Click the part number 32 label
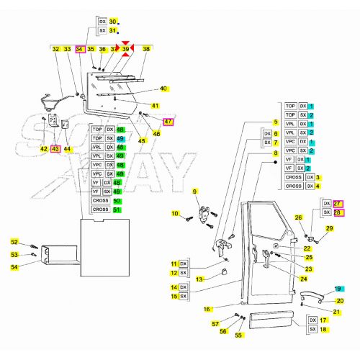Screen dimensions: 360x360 (55, 49)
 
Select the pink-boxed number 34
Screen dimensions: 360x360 (80, 49)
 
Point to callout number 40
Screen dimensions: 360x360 (163, 89)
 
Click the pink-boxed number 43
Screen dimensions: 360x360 (55, 148)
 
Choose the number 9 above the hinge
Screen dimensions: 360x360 (194, 191)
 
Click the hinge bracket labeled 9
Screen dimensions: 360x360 (207, 214)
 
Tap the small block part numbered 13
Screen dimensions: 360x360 (223, 271)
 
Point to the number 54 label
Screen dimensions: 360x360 (14, 267)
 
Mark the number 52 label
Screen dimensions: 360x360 (14, 243)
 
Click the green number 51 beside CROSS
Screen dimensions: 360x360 (119, 209)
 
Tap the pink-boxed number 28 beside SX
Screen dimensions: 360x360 (338, 213)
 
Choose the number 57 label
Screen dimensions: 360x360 (215, 324)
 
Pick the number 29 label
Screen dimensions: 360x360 (330, 228)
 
